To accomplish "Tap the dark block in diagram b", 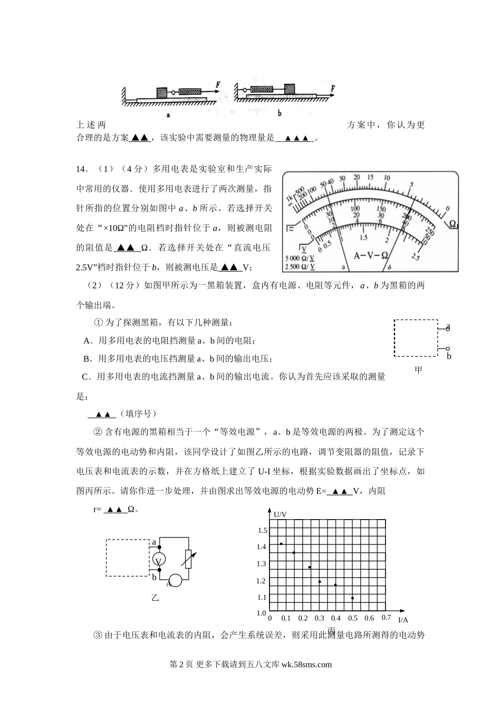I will pyautogui.click(x=290, y=89).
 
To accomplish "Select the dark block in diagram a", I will pyautogui.click(x=162, y=92).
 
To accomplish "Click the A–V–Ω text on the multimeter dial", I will pyautogui.click(x=371, y=255).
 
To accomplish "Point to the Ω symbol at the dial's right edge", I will pyautogui.click(x=452, y=224).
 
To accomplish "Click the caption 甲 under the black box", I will pyautogui.click(x=418, y=370).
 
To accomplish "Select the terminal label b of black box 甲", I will pyautogui.click(x=449, y=357).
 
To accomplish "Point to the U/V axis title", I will pyautogui.click(x=281, y=513).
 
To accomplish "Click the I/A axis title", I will pyautogui.click(x=403, y=620).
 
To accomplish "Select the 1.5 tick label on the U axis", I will pyautogui.click(x=262, y=531).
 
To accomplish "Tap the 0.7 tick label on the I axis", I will pyautogui.click(x=386, y=618).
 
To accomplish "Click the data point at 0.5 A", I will pyautogui.click(x=352, y=598).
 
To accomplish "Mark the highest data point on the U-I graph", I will pyautogui.click(x=282, y=543).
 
